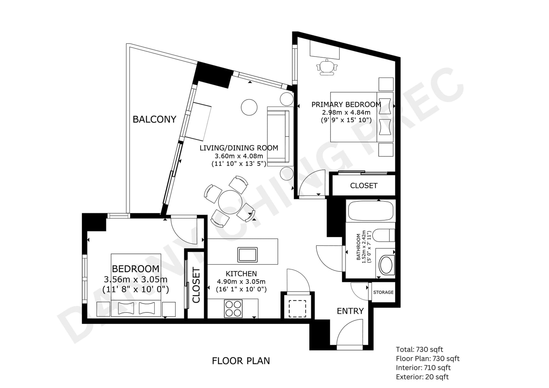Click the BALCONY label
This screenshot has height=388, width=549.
154,119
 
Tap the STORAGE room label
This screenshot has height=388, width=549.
383,292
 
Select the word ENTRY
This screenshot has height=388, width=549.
350,311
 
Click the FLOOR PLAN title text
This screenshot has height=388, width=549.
241,361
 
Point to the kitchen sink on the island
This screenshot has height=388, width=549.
247,255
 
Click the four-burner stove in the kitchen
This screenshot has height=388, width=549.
233,309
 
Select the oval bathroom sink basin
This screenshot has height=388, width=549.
386,265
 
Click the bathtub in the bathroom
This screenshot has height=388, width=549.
372,211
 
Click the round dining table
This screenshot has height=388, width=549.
230,202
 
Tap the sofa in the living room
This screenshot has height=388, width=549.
280,137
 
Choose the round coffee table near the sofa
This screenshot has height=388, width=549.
249,107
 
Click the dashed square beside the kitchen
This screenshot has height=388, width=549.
297,309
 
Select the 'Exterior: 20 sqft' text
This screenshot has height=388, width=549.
422,377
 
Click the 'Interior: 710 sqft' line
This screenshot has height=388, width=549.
423,368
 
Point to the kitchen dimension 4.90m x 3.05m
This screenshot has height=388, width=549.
241,282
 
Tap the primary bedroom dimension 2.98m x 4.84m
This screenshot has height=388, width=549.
346,113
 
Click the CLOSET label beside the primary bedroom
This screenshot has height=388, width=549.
364,186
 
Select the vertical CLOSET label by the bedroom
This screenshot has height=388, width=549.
196,285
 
